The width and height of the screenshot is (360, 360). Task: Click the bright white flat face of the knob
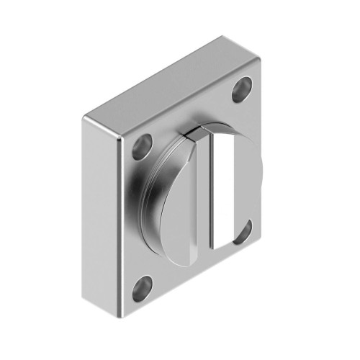[x=224, y=189]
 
